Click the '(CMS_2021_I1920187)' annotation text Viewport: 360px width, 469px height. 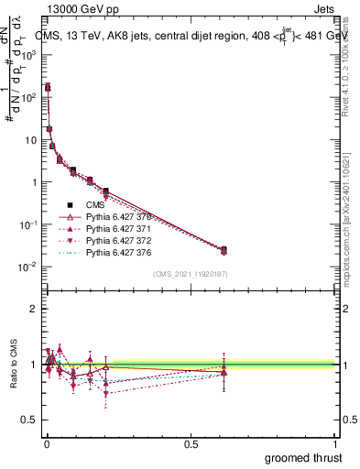click(191, 274)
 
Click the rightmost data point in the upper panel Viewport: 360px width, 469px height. click(224, 249)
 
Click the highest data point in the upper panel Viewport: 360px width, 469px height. click(48, 88)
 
